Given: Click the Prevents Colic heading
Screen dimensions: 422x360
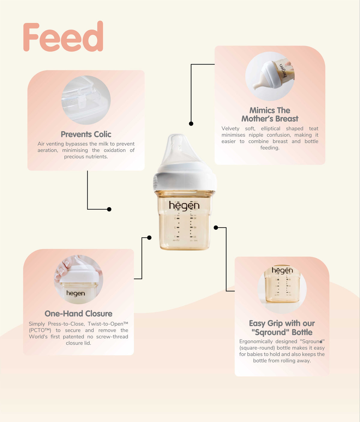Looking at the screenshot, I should [86, 134].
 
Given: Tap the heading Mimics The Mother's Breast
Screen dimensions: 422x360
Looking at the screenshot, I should [270, 115].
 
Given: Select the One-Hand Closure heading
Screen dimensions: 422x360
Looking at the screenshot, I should [79, 313].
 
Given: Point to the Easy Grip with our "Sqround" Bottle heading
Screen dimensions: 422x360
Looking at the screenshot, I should [282, 328].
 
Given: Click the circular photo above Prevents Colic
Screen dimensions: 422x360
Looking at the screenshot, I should [86, 100].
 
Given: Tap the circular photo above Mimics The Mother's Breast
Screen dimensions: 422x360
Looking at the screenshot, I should [270, 76].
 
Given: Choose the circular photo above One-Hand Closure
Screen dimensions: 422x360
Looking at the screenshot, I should [79, 280].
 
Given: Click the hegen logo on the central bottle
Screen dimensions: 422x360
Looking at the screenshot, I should [184, 206].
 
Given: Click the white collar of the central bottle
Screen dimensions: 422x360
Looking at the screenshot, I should [185, 179].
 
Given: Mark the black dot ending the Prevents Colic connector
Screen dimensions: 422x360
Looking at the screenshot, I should [109, 209].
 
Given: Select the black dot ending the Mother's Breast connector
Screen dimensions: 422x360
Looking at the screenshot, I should [191, 124].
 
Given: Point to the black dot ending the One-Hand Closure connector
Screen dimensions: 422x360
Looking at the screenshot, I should [149, 238].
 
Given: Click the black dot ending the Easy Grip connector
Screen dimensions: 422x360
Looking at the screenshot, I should [216, 228].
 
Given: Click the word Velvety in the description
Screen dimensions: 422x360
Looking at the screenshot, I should [230, 128].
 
